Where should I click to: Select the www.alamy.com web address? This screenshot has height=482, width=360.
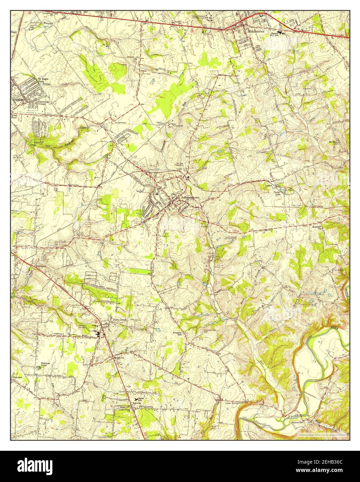click(328, 472)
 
